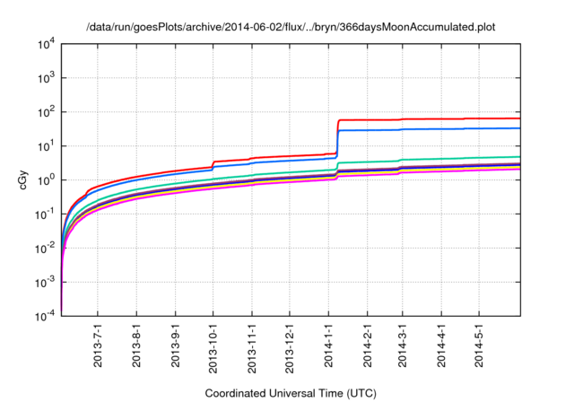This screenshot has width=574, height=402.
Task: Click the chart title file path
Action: [291, 27]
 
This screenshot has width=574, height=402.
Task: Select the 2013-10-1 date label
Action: [213, 349]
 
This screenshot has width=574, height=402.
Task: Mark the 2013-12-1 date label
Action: [290, 349]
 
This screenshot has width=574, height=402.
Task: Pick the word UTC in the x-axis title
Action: [357, 393]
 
